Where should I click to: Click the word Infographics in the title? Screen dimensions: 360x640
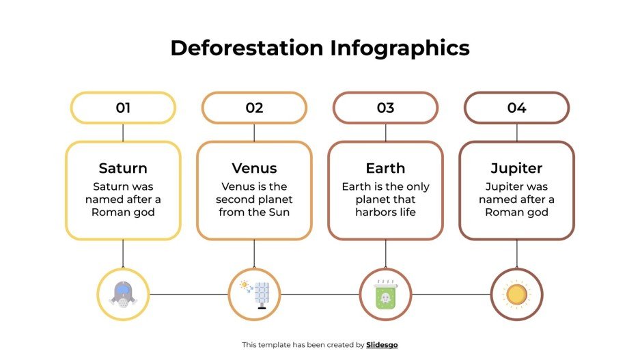pos(400,48)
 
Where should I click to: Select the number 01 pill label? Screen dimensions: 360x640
pos(123,108)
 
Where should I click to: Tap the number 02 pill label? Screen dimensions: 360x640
pos(254,108)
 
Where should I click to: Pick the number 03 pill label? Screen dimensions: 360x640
pos(385,108)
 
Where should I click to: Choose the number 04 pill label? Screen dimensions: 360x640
pos(516,108)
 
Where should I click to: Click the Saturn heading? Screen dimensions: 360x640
pos(123,168)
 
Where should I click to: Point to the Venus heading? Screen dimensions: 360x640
pos(254,168)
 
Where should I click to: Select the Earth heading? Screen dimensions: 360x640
pos(385,168)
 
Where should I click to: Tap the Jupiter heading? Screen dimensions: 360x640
pos(516,168)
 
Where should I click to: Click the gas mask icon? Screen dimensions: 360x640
pos(123,294)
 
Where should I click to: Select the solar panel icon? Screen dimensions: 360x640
pos(254,294)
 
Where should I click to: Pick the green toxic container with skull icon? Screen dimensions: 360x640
pos(385,295)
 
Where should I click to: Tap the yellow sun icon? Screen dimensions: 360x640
pos(516,294)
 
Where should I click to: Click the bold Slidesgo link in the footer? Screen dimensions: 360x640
pos(382,345)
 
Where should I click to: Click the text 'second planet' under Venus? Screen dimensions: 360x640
pos(254,199)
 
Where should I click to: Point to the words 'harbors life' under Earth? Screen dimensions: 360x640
pos(385,212)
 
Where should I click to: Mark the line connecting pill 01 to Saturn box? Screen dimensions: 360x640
pos(123,133)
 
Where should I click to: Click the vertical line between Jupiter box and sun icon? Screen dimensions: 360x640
pos(516,253)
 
